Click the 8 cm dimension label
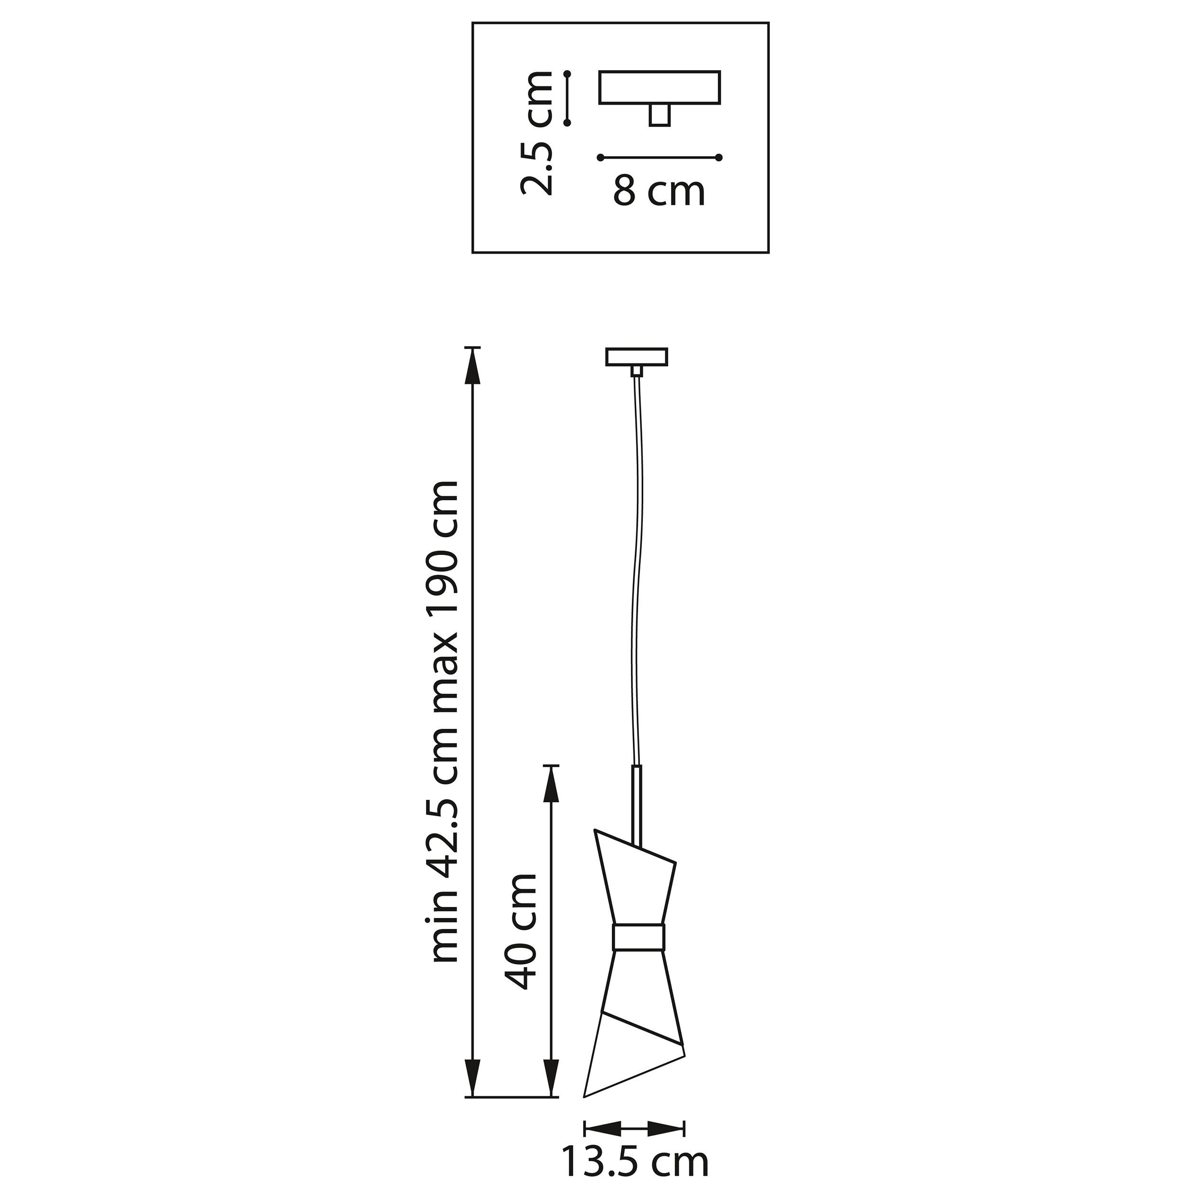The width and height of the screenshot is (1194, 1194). coord(658,191)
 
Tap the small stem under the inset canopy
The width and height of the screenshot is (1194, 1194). coord(660,116)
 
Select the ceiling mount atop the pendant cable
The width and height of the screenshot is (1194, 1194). coord(637,357)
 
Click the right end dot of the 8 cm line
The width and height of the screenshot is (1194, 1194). coord(719,158)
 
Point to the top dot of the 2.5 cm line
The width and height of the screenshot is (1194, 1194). coord(567,74)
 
